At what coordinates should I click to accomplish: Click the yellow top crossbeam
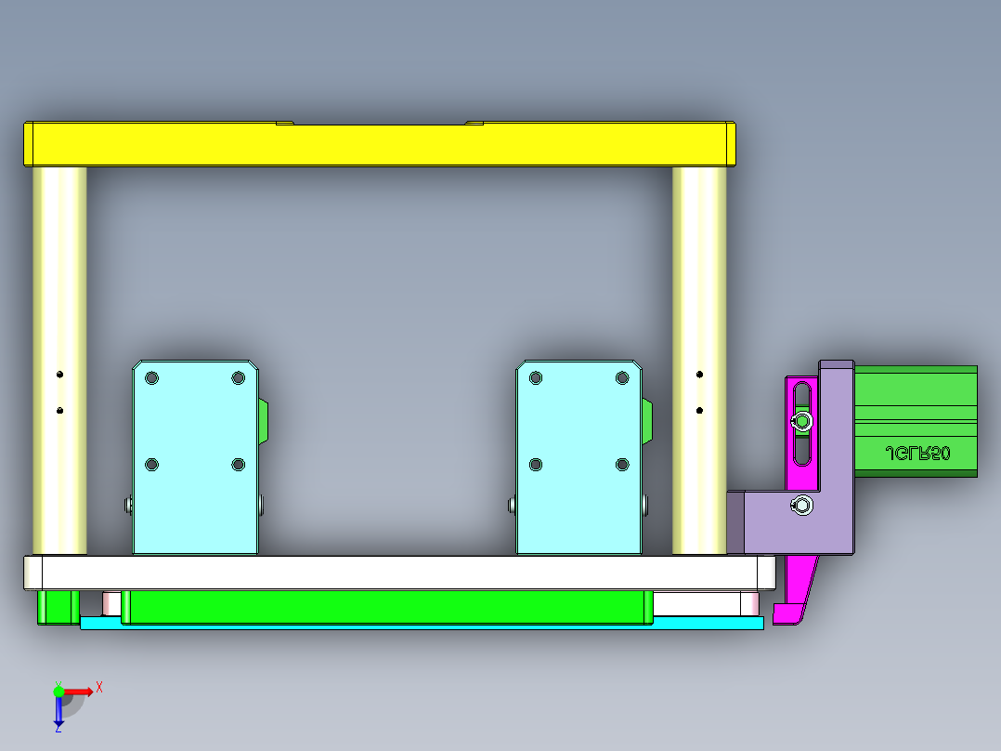pyautogui.click(x=379, y=145)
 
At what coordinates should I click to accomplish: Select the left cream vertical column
pyautogui.click(x=59, y=279)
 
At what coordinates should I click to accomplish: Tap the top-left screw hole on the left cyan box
pyautogui.click(x=152, y=378)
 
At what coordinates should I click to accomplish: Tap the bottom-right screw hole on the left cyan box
pyautogui.click(x=239, y=464)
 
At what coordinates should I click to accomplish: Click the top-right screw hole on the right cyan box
pyautogui.click(x=622, y=377)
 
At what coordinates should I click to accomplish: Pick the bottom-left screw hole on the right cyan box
pyautogui.click(x=535, y=464)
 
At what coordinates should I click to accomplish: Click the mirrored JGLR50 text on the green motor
pyautogui.click(x=918, y=454)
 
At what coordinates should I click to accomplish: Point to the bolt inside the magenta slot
pyautogui.click(x=801, y=422)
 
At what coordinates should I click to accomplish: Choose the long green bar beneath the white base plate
pyautogui.click(x=385, y=606)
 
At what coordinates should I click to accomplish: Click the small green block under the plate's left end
pyautogui.click(x=57, y=606)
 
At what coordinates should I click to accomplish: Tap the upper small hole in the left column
pyautogui.click(x=59, y=375)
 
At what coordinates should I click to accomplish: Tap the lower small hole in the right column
pyautogui.click(x=700, y=409)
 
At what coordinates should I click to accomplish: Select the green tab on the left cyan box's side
pyautogui.click(x=264, y=420)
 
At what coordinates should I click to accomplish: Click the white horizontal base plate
pyautogui.click(x=399, y=573)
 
